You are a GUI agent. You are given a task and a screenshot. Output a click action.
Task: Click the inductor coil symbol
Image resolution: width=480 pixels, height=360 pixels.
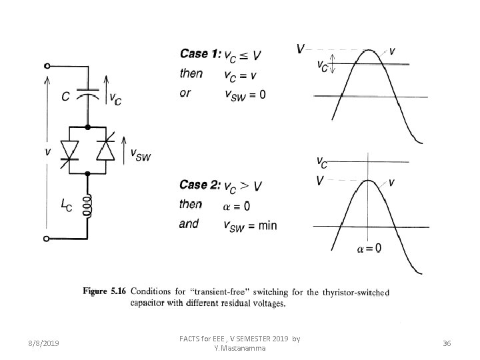point(88,207)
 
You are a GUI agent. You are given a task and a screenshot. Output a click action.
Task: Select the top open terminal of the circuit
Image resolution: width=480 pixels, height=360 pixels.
point(47,66)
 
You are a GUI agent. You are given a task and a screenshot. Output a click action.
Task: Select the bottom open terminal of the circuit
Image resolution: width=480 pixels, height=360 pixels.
point(47,238)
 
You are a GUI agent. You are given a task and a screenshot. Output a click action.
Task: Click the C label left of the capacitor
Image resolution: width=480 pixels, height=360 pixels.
point(66,97)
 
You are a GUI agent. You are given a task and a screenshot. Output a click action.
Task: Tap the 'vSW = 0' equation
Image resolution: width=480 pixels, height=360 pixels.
point(245,94)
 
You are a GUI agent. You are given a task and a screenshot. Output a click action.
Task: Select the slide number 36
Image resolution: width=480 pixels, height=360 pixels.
point(447,343)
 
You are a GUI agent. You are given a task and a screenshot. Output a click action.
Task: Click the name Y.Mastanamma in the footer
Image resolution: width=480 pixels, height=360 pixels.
point(239,348)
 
